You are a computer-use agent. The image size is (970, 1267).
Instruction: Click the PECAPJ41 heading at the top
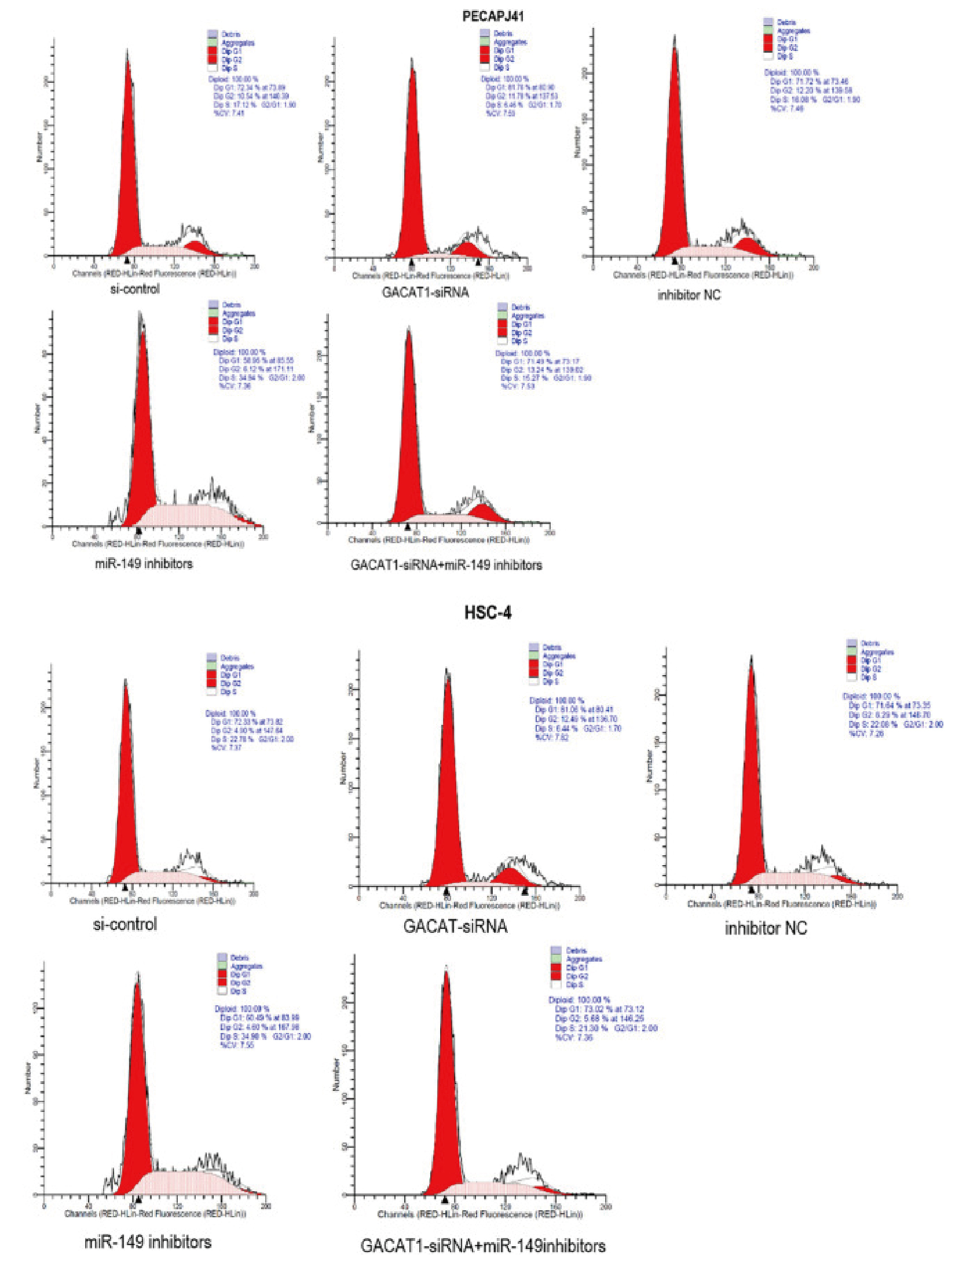coord(493,16)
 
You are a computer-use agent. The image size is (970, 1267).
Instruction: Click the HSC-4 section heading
coord(488,613)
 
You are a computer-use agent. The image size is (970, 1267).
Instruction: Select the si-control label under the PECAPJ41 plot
coord(135,289)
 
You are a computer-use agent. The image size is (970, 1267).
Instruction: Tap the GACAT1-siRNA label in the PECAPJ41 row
coord(425,292)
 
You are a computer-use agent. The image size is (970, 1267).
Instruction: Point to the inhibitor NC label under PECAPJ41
coord(689,295)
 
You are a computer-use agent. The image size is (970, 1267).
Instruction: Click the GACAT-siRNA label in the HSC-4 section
coord(455,927)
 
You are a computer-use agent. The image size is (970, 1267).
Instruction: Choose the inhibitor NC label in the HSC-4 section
coord(766,928)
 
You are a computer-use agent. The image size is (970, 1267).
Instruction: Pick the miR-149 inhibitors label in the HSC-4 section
coord(148,1242)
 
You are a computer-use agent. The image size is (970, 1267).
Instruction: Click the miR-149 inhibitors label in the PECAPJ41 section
coord(144,563)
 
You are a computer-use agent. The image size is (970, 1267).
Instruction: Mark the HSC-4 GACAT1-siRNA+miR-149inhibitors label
coord(483,1246)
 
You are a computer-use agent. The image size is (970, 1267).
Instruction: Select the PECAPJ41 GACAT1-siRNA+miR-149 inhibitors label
coord(446,565)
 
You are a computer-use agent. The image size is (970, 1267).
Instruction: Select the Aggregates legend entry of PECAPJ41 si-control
coord(238,43)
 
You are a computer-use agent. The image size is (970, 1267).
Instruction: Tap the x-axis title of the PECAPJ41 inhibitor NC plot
coord(703,275)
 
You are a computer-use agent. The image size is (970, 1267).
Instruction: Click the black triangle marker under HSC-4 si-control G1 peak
coord(125,887)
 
